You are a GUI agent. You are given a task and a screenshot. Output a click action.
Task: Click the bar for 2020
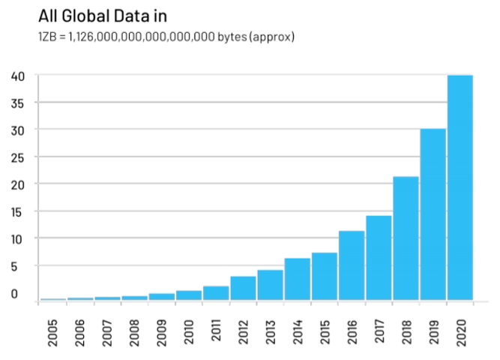click(460, 187)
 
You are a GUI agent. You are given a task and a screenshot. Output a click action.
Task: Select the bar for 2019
click(433, 214)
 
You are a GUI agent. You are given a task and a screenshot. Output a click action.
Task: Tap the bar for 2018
click(406, 238)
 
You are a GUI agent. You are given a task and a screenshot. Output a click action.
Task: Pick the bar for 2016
click(352, 265)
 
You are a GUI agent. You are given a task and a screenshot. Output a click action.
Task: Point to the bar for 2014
click(298, 279)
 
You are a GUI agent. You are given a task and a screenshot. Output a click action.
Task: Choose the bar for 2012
click(243, 289)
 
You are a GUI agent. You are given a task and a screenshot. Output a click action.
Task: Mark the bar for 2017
click(379, 258)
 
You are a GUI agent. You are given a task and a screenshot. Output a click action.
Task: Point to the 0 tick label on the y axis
click(14, 293)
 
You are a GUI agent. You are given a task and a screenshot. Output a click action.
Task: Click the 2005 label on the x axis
click(52, 331)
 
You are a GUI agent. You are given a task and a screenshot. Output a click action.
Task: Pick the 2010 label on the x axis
click(188, 331)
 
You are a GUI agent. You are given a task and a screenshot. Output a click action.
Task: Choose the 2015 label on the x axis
click(324, 331)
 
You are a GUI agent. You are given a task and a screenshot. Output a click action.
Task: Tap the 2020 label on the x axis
click(460, 331)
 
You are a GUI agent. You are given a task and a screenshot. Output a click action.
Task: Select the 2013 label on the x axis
click(270, 331)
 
